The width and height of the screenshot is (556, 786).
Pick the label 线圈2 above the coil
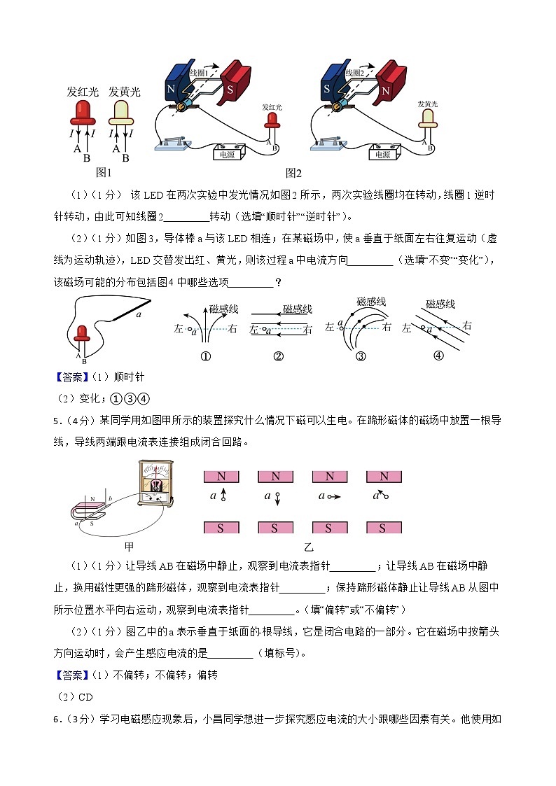pyautogui.click(x=355, y=72)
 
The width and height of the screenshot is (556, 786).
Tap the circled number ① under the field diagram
pyautogui.click(x=206, y=356)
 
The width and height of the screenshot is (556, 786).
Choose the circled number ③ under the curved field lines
pyautogui.click(x=361, y=356)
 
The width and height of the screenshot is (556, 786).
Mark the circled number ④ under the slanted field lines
pyautogui.click(x=439, y=355)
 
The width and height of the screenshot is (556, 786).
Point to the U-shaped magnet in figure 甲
pyautogui.click(x=90, y=510)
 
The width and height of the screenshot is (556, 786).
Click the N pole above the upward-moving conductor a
pyautogui.click(x=221, y=476)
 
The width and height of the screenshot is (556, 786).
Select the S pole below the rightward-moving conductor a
pyautogui.click(x=329, y=527)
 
